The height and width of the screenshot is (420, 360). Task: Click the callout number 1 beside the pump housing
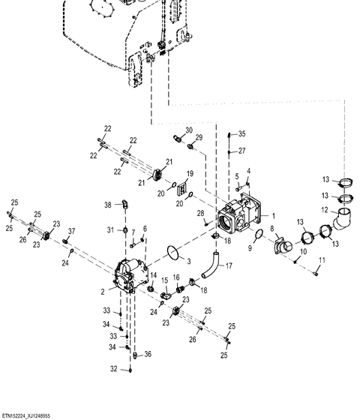pos(274,216)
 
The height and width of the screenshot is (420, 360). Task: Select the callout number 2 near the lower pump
pos(103,292)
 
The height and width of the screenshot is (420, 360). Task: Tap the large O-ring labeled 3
pos(173,253)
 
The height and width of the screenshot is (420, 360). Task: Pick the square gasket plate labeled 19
pos(182,189)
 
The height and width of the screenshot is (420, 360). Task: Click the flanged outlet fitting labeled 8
pos(283,244)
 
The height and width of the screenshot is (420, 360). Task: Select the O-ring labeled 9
pos(259,233)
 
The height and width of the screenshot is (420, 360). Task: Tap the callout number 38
pos(108,205)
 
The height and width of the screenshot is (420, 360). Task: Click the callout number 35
pos(241,133)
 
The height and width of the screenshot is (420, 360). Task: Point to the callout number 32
pos(114,369)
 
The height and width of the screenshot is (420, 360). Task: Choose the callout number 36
pos(148,354)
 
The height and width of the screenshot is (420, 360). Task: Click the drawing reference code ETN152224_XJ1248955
pos(25,416)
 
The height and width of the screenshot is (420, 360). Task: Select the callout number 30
pos(189,130)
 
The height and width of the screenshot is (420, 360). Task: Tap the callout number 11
pos(322,260)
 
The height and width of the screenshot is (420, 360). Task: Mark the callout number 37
pos(71,231)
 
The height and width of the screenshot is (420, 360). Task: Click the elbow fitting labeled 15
pos(166,295)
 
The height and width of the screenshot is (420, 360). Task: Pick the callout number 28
pos(201,214)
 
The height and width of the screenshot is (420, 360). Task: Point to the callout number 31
pos(111,230)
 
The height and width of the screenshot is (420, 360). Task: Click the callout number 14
pos(154,275)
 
